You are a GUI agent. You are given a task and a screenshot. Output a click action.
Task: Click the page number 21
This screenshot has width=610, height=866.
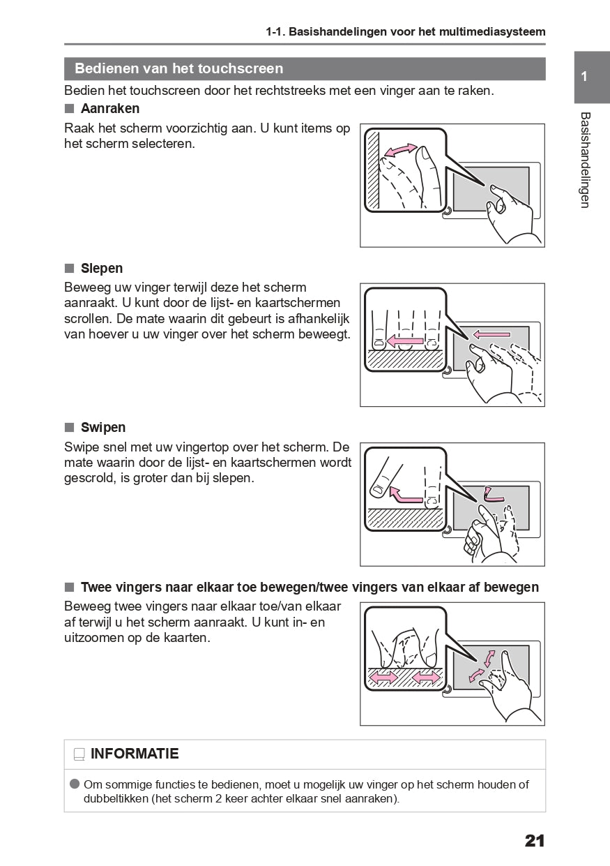tap(535, 841)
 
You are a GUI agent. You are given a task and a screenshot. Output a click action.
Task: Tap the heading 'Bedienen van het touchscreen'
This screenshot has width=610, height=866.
tap(178, 68)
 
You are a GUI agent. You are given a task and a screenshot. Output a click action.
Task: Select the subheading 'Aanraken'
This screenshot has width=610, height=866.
tap(110, 109)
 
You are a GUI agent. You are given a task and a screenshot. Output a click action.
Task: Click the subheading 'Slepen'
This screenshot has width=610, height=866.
tap(102, 269)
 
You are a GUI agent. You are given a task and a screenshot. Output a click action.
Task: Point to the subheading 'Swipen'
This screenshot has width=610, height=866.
tap(103, 428)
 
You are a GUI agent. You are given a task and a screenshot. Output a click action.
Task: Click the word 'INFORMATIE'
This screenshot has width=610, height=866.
tap(135, 754)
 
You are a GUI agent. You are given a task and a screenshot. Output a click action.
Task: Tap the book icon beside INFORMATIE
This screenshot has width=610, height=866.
tap(79, 754)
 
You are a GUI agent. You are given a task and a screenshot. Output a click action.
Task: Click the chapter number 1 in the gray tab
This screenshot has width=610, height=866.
tap(584, 77)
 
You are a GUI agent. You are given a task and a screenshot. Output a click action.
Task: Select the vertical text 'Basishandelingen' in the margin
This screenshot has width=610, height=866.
tap(585, 160)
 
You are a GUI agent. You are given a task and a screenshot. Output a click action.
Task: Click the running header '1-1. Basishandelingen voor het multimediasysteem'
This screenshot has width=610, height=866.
tap(405, 31)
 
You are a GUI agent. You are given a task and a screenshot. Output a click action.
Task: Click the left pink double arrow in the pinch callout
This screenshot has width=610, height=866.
tap(383, 678)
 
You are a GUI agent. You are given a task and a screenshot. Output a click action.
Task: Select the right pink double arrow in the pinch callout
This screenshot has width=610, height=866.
tap(426, 678)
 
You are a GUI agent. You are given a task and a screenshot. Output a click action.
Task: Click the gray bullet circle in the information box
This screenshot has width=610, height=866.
tap(75, 784)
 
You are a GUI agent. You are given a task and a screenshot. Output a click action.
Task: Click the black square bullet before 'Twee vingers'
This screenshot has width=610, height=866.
tap(69, 588)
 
